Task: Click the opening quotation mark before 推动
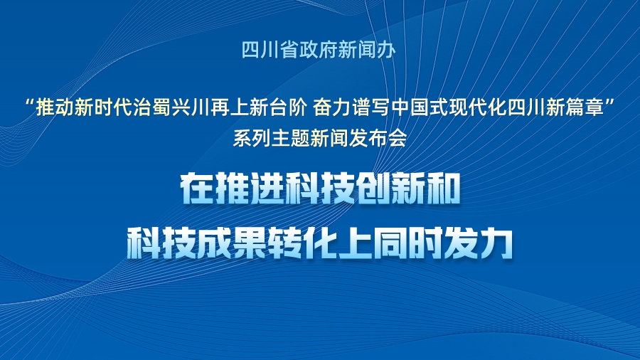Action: pyautogui.click(x=30, y=104)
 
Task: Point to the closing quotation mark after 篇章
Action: pyautogui.click(x=610, y=104)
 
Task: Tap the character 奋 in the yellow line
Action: pyautogui.click(x=322, y=108)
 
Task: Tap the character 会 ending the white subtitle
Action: pyautogui.click(x=397, y=138)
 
